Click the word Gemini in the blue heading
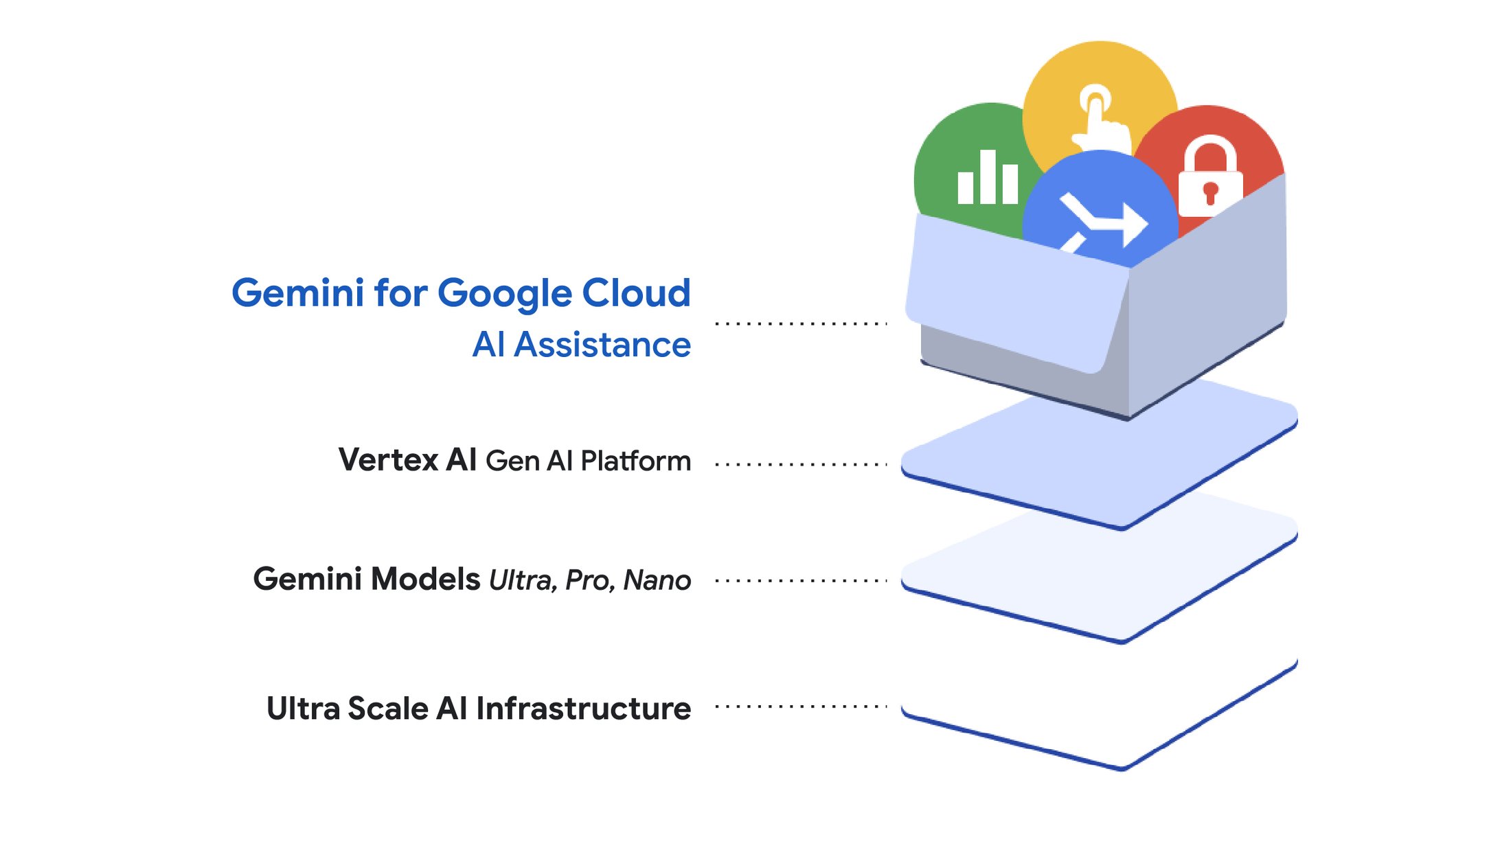click(297, 293)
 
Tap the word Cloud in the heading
click(635, 293)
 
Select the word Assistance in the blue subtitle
click(602, 345)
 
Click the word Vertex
click(387, 460)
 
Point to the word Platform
click(635, 461)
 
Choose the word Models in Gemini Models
click(425, 579)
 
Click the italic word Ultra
click(522, 581)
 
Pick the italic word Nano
click(657, 581)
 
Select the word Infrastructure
click(583, 709)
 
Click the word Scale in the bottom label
click(387, 709)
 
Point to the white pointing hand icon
click(1099, 117)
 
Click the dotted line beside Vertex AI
click(801, 465)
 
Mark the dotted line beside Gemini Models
click(801, 581)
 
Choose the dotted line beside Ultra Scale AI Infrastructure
click(801, 707)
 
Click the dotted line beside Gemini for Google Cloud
click(801, 323)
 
